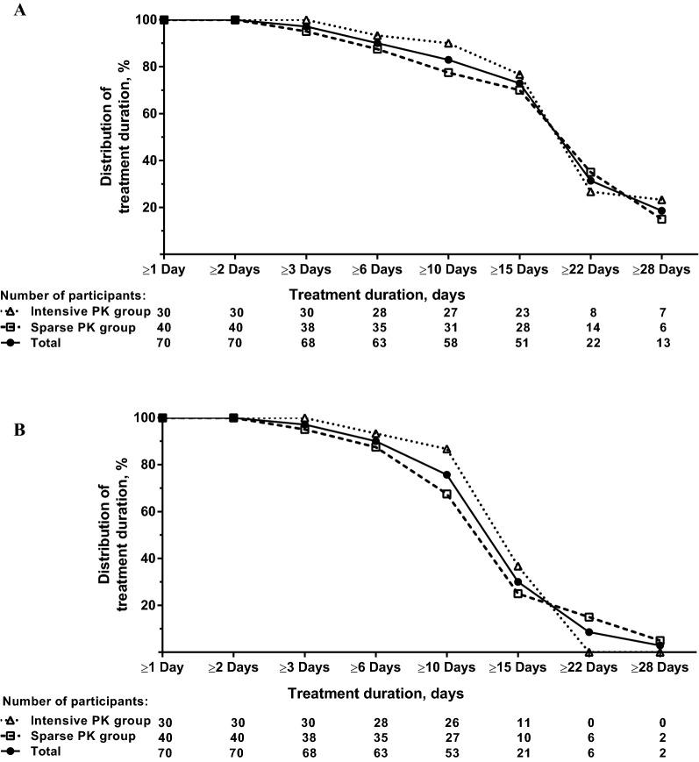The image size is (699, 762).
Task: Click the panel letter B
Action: click(11, 431)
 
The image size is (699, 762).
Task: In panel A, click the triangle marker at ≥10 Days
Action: click(448, 44)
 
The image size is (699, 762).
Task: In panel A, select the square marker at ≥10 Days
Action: click(448, 73)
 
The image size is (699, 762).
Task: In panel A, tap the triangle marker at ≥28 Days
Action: click(661, 200)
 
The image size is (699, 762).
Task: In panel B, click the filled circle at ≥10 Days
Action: click(448, 474)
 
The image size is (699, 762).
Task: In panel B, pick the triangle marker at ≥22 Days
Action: click(590, 652)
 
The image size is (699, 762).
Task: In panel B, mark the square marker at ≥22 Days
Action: click(590, 617)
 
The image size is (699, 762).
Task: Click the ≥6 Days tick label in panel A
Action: click(377, 269)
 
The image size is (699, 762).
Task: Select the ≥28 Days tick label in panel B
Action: click(661, 667)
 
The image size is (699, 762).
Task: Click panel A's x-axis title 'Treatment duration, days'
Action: click(376, 294)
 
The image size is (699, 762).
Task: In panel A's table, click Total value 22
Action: click(590, 343)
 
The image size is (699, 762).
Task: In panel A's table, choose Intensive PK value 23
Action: click(519, 312)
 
